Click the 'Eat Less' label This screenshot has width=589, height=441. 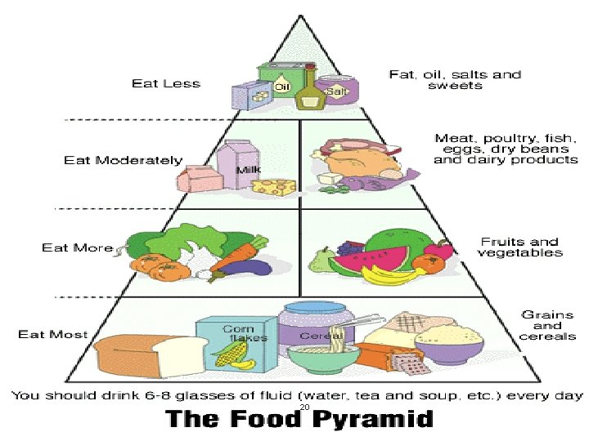[x=166, y=83]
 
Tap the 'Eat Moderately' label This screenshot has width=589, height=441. [x=123, y=160]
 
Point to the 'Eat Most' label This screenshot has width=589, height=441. [x=53, y=334]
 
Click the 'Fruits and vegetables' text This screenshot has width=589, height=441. [x=520, y=247]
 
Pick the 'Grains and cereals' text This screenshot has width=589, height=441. [x=547, y=325]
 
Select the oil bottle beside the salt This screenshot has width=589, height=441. [x=308, y=88]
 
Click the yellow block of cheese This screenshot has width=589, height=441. [x=274, y=187]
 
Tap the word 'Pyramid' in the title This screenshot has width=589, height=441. [x=375, y=420]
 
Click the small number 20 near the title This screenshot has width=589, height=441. [x=304, y=406]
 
